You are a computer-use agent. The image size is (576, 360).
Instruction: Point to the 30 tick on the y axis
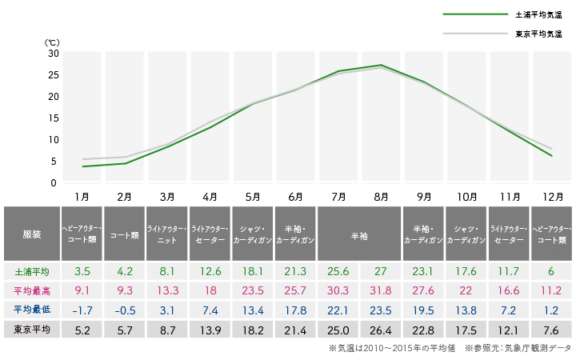[x=54, y=53]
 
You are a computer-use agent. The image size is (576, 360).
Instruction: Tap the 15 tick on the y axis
[x=54, y=118]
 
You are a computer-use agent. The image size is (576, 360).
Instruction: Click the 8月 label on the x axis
[x=382, y=196]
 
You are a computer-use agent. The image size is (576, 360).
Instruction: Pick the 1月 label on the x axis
[x=81, y=196]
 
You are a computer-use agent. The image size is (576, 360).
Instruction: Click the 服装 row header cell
[x=31, y=234]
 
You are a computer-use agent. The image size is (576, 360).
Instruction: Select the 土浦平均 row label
[x=31, y=271]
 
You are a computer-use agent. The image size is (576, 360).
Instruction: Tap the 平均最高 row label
[x=31, y=290]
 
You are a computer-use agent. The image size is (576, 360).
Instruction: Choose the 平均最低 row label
[x=31, y=310]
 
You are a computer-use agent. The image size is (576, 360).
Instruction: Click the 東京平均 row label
[x=31, y=329]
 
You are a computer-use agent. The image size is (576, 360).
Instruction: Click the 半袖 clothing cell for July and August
[x=359, y=234]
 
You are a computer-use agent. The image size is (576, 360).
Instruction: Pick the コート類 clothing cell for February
[x=124, y=234]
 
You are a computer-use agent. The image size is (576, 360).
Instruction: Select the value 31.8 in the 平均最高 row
[x=382, y=290]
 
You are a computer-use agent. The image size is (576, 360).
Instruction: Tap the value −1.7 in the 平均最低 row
[x=81, y=310]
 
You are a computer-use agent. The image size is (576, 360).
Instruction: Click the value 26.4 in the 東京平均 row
[x=382, y=329]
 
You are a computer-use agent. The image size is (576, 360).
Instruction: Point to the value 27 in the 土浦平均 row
[x=382, y=271]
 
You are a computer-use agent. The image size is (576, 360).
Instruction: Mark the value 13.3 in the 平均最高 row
[x=167, y=290]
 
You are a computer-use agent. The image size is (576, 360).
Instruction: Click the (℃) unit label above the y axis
[x=52, y=41]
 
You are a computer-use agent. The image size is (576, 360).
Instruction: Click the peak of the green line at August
[x=382, y=65]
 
